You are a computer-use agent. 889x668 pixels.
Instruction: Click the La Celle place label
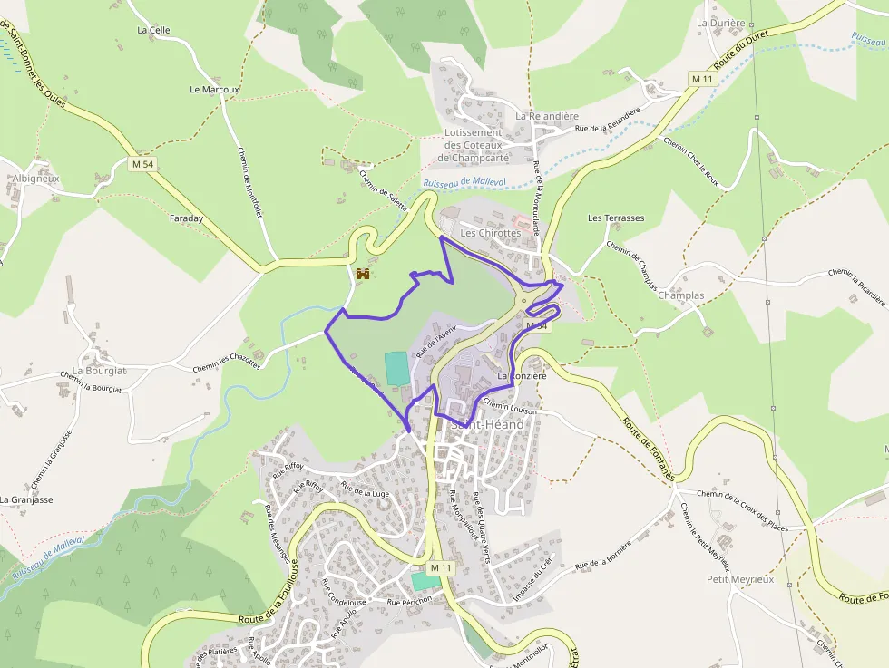coord(153,30)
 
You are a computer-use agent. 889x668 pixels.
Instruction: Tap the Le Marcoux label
coord(214,90)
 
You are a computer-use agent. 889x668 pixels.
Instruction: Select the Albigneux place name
coord(35,179)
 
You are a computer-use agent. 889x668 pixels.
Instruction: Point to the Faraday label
coord(186,218)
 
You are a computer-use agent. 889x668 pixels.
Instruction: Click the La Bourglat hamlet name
coord(100,371)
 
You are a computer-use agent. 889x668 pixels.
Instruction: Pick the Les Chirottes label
coord(491,233)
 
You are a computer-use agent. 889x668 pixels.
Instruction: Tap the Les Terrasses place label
coord(616,218)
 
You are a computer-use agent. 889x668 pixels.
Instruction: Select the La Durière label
coord(720,23)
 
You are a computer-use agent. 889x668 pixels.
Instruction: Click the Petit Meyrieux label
coord(740,579)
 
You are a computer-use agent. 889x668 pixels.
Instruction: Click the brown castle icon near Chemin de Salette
coord(363,273)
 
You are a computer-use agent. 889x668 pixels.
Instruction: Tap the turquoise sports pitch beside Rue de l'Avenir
coord(396,367)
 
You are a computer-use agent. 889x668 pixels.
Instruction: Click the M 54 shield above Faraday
coord(142,164)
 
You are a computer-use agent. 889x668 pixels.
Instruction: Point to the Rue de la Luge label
coord(364,491)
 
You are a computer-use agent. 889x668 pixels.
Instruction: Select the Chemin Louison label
coord(510,407)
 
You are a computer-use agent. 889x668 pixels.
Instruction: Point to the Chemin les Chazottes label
coord(226,361)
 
